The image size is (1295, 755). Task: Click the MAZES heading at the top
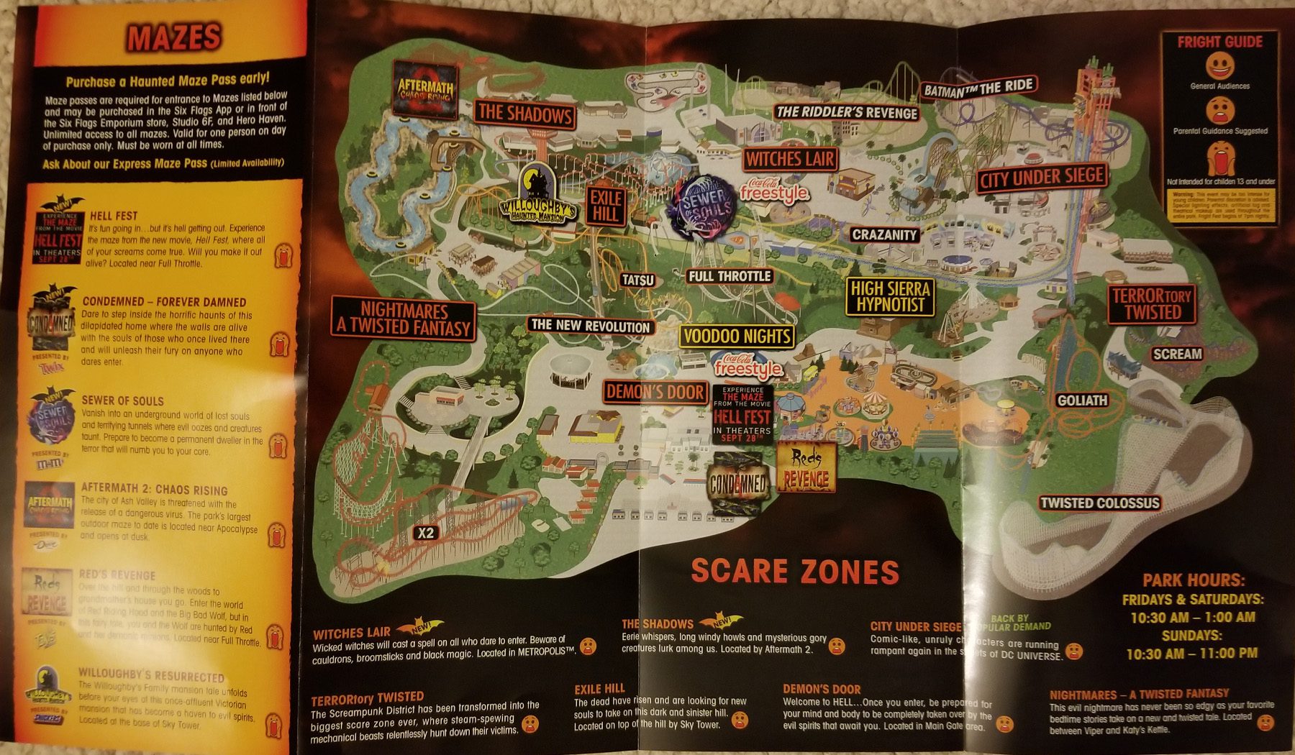(173, 37)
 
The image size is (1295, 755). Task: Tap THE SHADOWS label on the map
(524, 114)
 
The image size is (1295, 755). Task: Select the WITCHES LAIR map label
(790, 159)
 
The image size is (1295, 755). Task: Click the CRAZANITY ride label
(884, 234)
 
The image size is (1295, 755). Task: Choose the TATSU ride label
(638, 280)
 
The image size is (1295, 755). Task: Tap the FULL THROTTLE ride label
(730, 276)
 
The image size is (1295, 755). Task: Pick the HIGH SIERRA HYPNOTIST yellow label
(890, 296)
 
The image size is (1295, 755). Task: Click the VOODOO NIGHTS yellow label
(737, 336)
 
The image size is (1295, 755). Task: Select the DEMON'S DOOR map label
(655, 392)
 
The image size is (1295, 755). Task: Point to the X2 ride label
(426, 533)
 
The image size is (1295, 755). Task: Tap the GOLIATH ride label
(1082, 401)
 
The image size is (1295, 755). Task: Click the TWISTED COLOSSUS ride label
(1099, 503)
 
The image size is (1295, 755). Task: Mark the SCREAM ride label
(1177, 354)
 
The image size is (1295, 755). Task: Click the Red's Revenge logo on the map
(806, 468)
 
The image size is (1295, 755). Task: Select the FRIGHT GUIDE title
(1219, 42)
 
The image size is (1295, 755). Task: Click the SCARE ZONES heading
(795, 572)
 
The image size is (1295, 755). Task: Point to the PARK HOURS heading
(1194, 580)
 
